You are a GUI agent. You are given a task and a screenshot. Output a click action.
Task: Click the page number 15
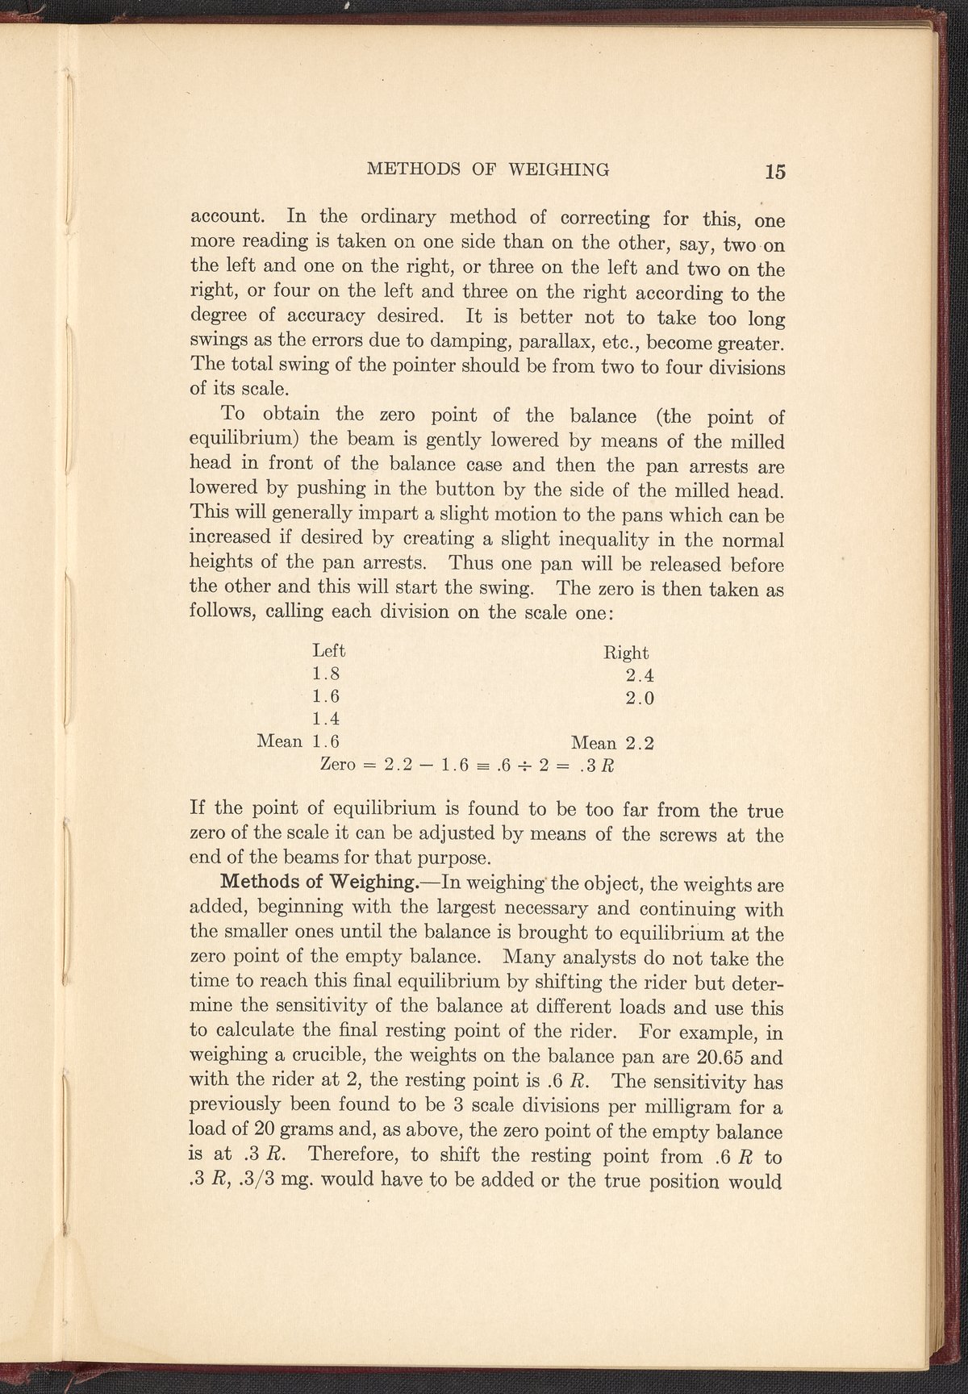click(x=777, y=171)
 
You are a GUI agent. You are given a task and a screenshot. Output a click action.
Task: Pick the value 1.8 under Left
click(x=325, y=674)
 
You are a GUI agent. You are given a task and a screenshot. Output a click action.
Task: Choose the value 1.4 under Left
click(x=325, y=718)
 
